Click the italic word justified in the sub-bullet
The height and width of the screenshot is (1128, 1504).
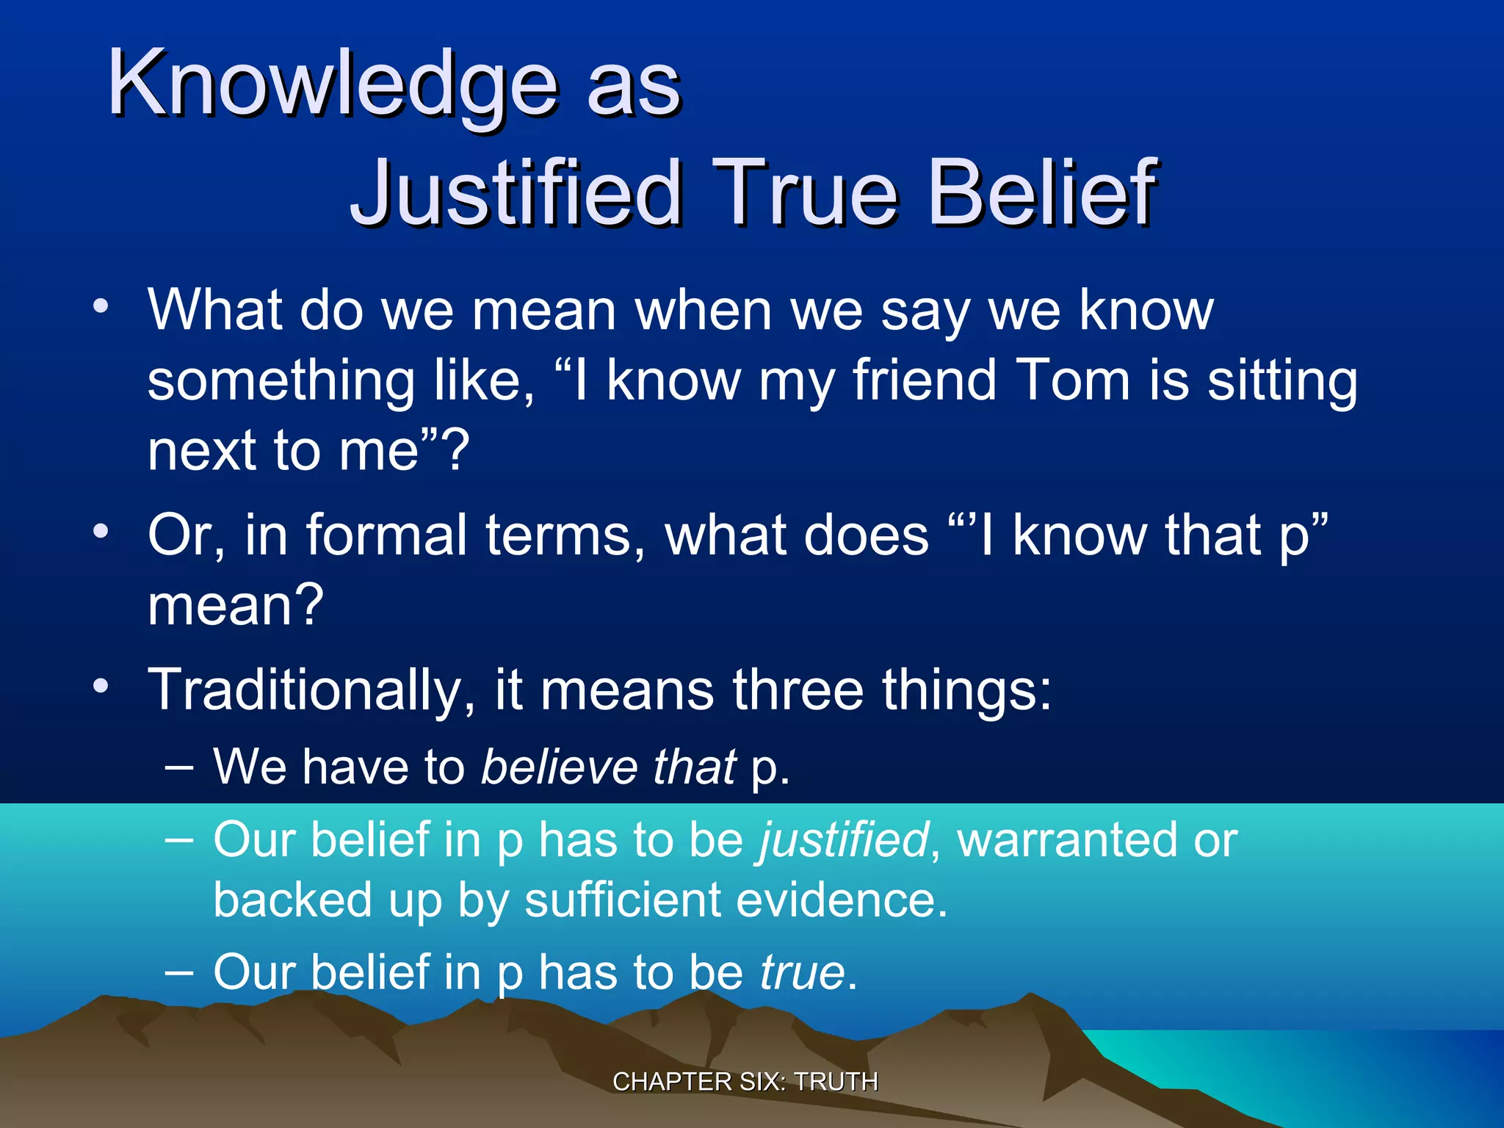[844, 840]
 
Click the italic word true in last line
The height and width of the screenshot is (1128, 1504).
[802, 972]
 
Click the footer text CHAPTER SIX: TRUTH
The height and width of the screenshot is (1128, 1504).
[745, 1082]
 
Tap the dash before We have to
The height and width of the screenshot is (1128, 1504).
[179, 768]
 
